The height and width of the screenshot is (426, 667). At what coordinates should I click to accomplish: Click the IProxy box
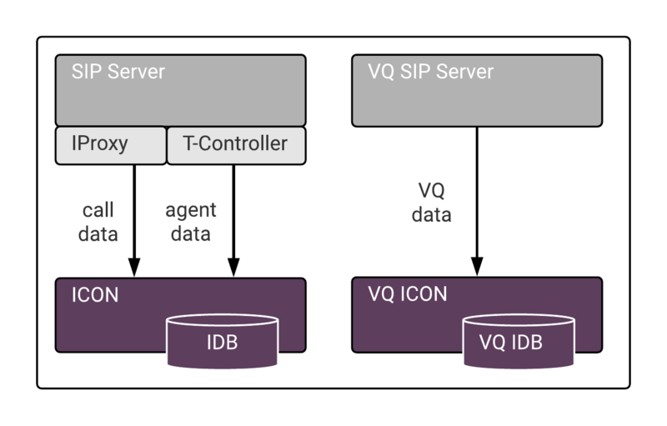(x=111, y=144)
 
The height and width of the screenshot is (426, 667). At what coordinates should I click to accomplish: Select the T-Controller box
(x=237, y=144)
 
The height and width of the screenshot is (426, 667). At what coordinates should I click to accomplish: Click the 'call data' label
(x=98, y=222)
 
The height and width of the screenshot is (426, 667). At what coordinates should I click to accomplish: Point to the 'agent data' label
(x=190, y=222)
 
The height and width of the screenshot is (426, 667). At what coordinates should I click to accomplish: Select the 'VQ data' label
(x=432, y=203)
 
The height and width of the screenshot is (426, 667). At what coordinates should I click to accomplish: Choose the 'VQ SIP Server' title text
(x=430, y=71)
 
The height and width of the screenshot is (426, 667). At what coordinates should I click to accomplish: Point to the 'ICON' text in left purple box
(x=95, y=294)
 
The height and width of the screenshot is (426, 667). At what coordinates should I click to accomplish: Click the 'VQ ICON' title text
(x=408, y=294)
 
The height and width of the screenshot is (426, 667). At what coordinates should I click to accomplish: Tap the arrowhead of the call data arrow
(x=134, y=268)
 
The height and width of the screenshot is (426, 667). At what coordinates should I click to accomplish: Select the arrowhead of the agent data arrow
(x=233, y=268)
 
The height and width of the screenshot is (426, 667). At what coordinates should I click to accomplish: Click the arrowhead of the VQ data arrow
(x=476, y=268)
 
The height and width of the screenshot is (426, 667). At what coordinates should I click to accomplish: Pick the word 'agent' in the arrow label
(x=190, y=210)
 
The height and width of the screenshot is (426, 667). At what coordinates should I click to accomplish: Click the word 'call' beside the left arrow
(x=98, y=210)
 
